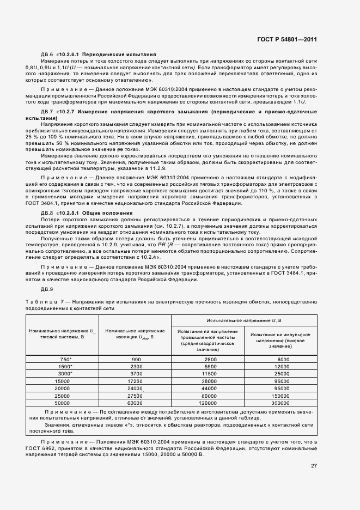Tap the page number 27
tap(314, 465)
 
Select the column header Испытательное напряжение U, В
tap(245, 320)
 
